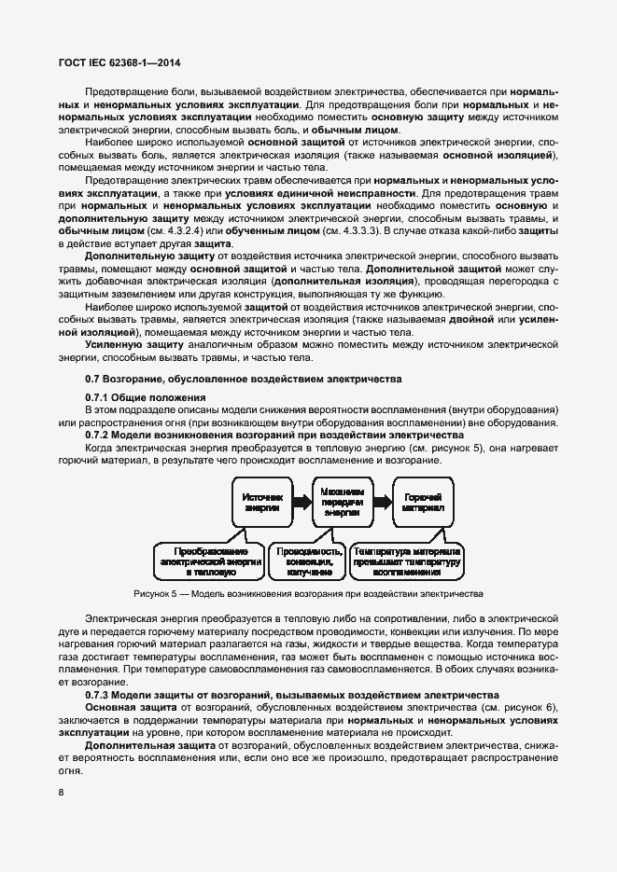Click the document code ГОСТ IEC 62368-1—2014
114,62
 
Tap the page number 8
62,794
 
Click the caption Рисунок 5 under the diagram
308,593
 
